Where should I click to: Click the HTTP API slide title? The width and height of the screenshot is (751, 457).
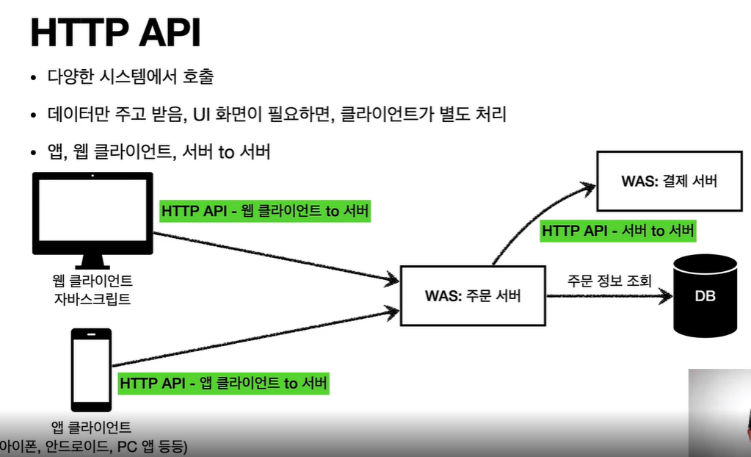tap(115, 35)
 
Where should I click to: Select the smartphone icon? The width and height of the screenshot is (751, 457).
tap(91, 370)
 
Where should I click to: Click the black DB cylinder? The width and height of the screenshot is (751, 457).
tap(705, 295)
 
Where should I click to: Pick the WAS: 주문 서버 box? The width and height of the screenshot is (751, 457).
tap(473, 297)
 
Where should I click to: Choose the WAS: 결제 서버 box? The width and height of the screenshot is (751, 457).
tap(669, 181)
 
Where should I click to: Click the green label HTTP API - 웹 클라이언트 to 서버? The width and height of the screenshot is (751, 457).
tap(265, 211)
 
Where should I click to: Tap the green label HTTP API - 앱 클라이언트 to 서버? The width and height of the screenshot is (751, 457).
tap(224, 383)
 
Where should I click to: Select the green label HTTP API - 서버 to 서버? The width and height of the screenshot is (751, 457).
tap(618, 231)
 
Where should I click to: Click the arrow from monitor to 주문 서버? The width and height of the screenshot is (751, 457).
tap(272, 256)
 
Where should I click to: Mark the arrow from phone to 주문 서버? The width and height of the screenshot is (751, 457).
tap(250, 339)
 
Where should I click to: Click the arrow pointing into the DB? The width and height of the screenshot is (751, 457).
tap(609, 297)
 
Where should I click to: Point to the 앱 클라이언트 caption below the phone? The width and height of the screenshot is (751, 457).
tap(92, 427)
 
